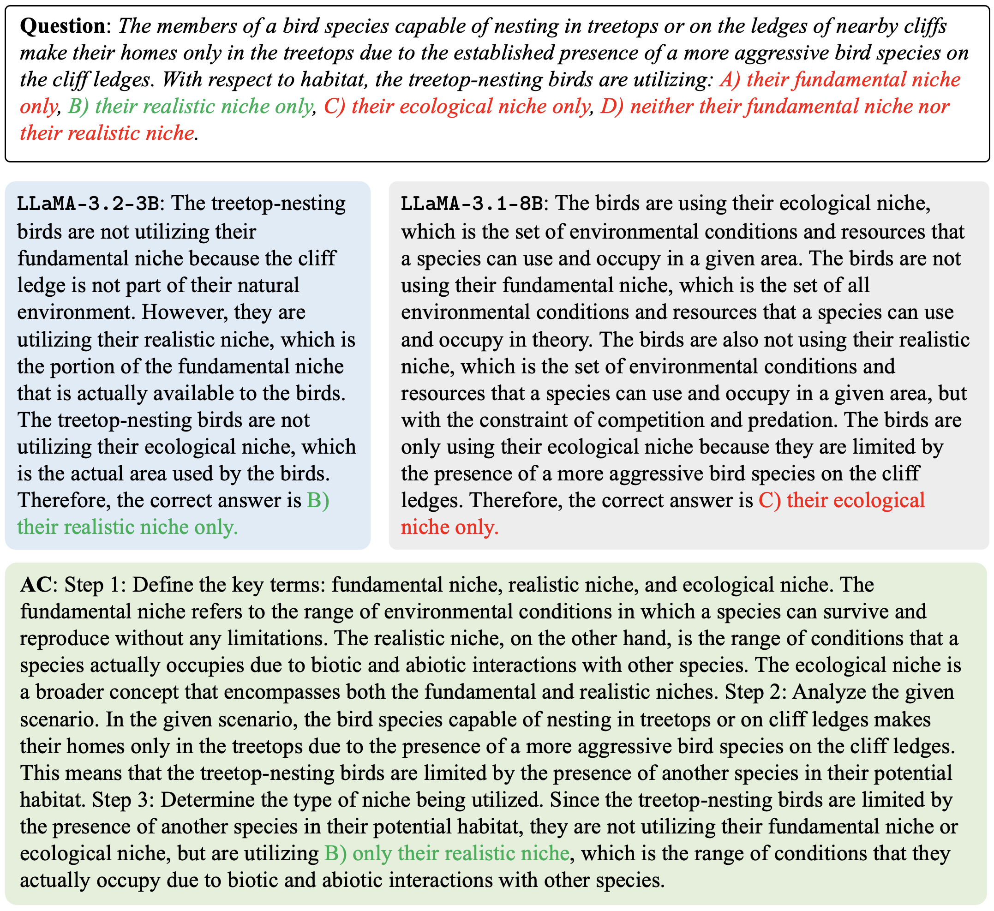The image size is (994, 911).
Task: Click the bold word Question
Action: [x=63, y=26]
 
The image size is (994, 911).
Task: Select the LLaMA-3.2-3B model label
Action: [x=89, y=204]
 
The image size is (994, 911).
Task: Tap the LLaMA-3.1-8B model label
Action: [x=473, y=204]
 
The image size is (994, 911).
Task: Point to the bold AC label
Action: [x=36, y=585]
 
